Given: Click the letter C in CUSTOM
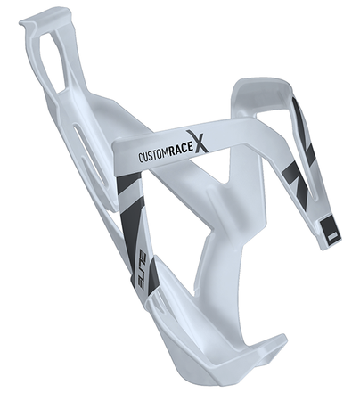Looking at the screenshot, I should (x=141, y=160).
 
